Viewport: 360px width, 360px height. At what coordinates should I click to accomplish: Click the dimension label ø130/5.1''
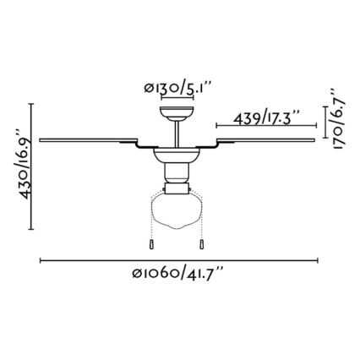point(177,88)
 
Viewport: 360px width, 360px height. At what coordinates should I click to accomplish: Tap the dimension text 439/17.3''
point(266,117)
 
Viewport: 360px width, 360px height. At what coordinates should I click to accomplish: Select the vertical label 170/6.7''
point(338,120)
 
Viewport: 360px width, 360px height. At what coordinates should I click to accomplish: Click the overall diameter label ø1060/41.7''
point(177,273)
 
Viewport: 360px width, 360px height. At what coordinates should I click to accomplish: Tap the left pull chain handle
point(151,244)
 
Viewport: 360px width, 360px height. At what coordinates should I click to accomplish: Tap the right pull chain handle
point(202,244)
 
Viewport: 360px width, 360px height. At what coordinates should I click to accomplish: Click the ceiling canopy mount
point(177,113)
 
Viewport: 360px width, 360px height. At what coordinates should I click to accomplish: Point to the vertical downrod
point(177,134)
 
